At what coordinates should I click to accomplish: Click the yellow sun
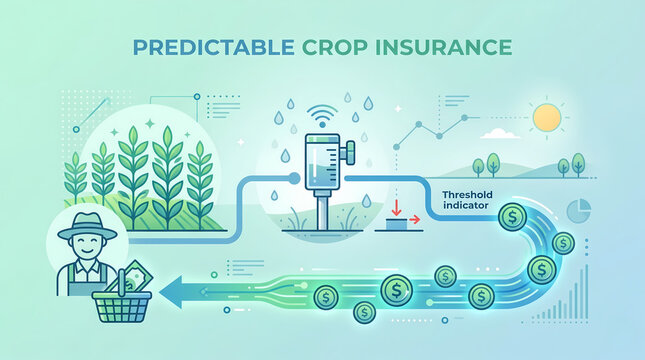point(547,118)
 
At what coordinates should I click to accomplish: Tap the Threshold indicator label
point(467,200)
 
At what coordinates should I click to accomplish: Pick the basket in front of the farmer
point(119,309)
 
